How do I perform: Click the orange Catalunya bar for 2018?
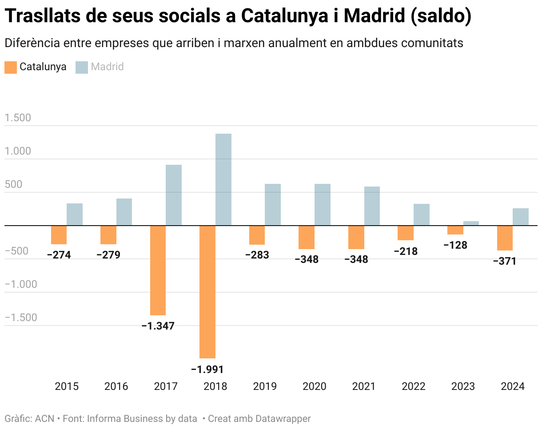tap(207, 292)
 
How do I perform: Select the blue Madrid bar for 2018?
tap(223, 180)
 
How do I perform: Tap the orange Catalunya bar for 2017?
tap(158, 270)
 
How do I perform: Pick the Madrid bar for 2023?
tap(471, 223)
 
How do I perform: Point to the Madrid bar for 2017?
tap(174, 195)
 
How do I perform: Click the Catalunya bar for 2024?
tap(505, 238)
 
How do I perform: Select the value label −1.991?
tap(207, 369)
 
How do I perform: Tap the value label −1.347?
tap(158, 326)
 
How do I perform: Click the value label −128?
tap(455, 245)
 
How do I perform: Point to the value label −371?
tap(505, 262)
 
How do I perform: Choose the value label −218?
tap(406, 251)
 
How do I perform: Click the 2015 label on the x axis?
tap(67, 386)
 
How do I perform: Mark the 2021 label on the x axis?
tap(364, 386)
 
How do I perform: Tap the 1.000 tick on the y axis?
tap(18, 151)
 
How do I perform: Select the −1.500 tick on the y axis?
tap(20, 318)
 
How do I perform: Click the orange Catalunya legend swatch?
tap(10, 67)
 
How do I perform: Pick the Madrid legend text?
tap(107, 67)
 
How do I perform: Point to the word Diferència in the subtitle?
tap(32, 43)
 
